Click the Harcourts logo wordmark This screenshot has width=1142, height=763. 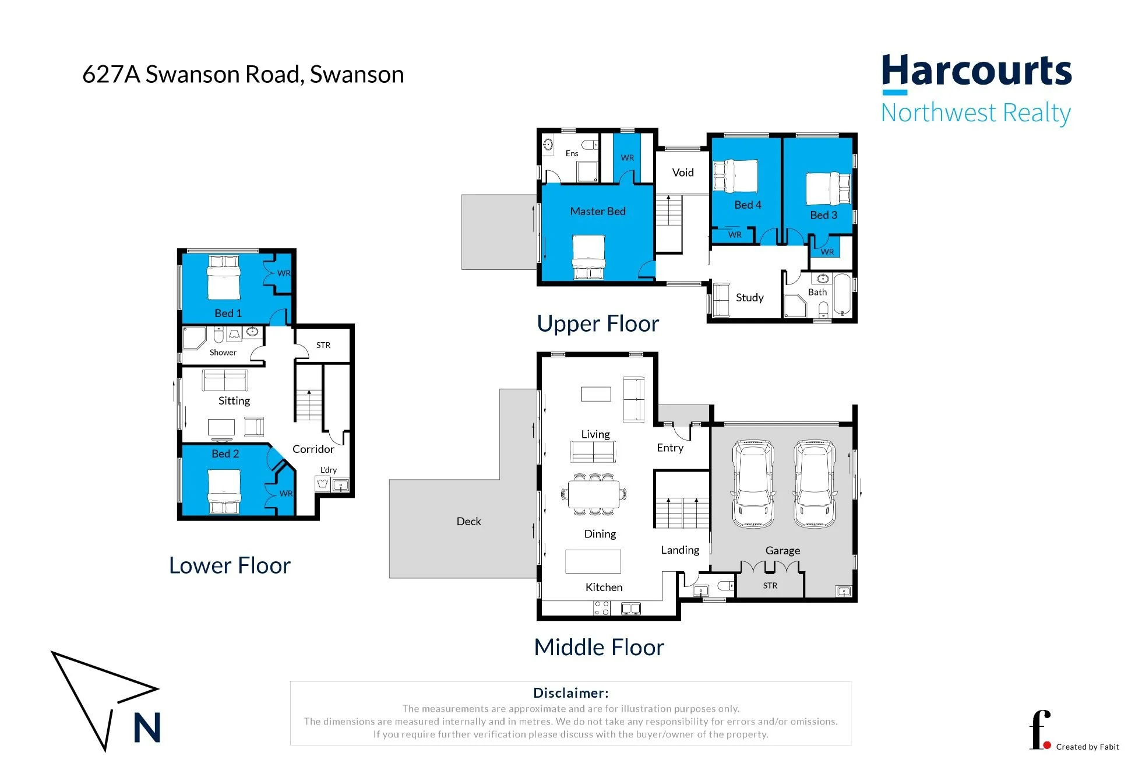coord(977,72)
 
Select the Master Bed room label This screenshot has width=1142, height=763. coord(598,211)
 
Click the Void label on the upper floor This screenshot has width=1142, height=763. coord(683,173)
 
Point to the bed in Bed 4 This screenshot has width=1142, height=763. coord(736,176)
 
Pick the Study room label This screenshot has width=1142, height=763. coord(749,297)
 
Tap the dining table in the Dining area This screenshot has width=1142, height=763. coord(594,495)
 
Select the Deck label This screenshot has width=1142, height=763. coord(468,521)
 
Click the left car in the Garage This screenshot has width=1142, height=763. coord(753,484)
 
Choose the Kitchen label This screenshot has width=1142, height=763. coord(604,587)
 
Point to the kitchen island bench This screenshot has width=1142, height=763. coord(593,561)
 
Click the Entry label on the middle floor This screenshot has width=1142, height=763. coord(670,448)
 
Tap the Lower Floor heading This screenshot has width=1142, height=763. coord(230,565)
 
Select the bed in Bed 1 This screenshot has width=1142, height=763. coord(224,277)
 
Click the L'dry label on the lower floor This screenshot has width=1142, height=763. coord(329,470)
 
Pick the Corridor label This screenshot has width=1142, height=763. coord(313,449)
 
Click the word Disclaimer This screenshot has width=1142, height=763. coord(571,692)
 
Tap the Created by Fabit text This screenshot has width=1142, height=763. coord(1087,747)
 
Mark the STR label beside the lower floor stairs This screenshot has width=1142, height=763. coord(323,345)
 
